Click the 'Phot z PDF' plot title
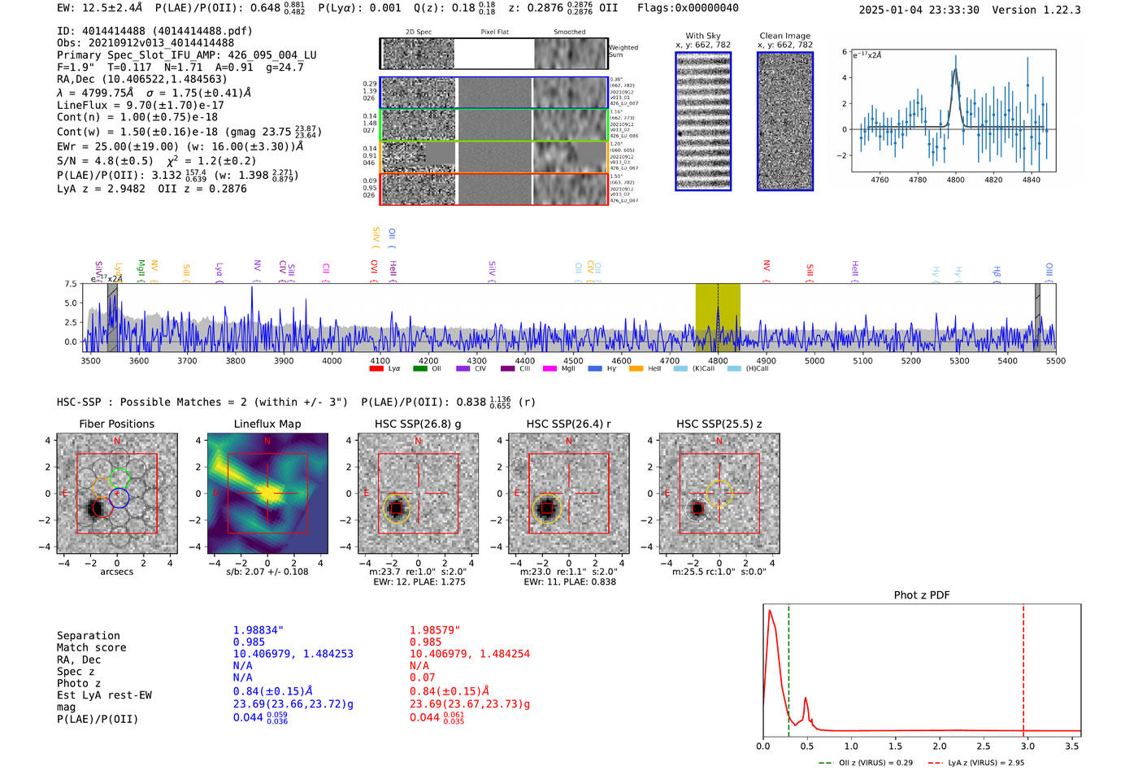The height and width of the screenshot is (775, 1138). [922, 594]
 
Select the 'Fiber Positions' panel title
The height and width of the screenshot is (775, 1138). [116, 424]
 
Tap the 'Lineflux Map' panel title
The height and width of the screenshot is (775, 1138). [267, 424]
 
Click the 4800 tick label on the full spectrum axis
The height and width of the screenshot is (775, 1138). [718, 361]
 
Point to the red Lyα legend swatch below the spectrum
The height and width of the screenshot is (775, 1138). [376, 369]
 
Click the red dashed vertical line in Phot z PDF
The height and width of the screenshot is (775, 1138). [1023, 667]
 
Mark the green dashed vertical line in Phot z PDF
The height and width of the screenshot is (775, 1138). [788, 667]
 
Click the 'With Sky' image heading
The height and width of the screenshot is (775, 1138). [703, 36]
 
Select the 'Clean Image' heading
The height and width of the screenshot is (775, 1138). [784, 36]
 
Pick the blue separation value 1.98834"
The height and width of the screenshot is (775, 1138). [258, 630]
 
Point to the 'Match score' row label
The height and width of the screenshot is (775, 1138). [91, 647]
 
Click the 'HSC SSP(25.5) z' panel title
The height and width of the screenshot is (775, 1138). [719, 424]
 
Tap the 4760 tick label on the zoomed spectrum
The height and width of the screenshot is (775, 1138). [880, 180]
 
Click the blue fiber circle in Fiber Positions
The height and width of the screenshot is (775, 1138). [119, 499]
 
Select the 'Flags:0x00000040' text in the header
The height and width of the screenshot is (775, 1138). [688, 8]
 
